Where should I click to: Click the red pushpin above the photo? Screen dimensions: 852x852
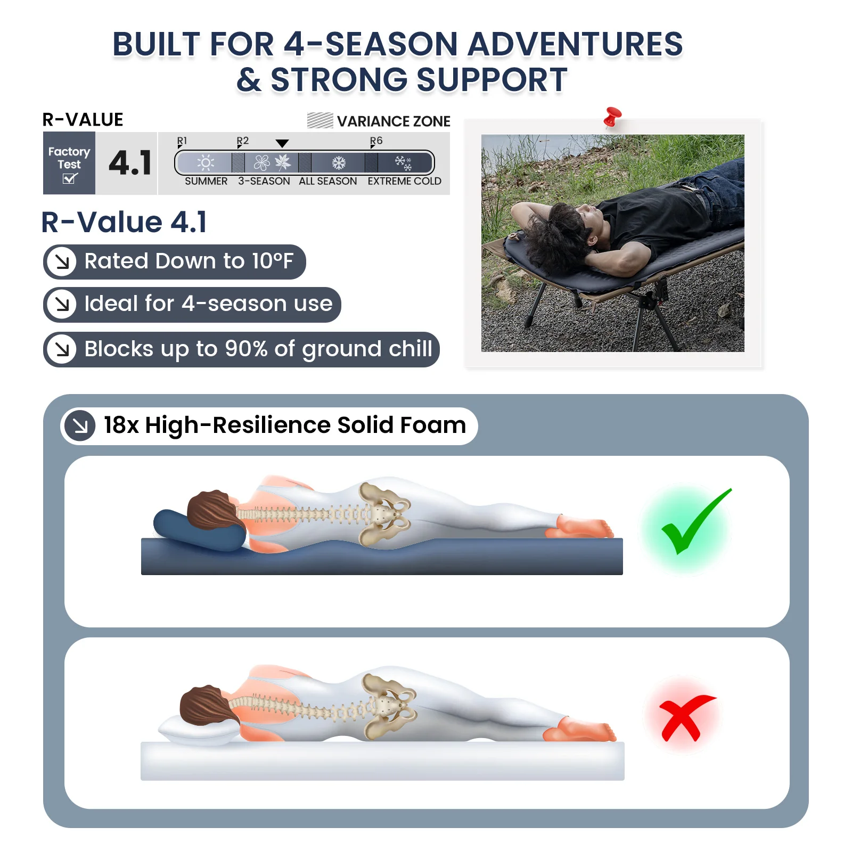[x=612, y=117]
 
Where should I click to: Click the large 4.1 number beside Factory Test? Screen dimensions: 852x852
[x=130, y=163]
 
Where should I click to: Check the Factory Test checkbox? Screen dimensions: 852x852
[x=70, y=178]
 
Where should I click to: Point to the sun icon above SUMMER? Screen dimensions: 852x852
[x=206, y=162]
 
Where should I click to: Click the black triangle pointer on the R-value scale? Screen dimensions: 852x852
[x=282, y=143]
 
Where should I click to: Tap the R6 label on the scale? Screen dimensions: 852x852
[x=376, y=141]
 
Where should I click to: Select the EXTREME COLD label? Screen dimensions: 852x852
[x=404, y=181]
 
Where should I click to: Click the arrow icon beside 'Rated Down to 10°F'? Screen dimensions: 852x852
[x=62, y=261]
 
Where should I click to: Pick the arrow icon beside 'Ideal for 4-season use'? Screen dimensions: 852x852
[x=62, y=304]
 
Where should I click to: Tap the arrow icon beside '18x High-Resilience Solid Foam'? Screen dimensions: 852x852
[x=80, y=425]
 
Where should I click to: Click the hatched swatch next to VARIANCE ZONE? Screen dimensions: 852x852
[x=320, y=121]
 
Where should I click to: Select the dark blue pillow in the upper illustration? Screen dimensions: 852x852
[x=198, y=530]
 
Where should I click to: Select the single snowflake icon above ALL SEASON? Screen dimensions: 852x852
[x=339, y=162]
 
